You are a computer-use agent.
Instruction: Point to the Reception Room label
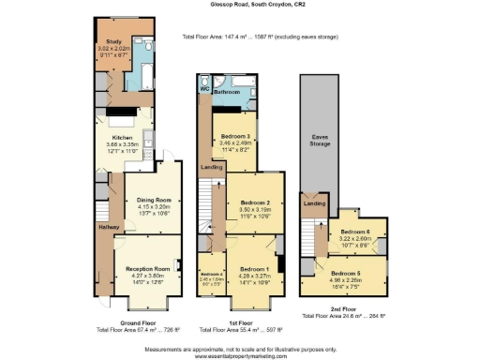pos(149,267)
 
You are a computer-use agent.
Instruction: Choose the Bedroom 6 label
pos(354,232)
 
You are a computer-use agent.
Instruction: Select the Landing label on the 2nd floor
pos(313,203)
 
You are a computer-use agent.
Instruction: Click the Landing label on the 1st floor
pos(211,168)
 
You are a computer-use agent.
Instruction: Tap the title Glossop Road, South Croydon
pos(240,5)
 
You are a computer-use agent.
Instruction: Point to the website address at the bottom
pos(240,354)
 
